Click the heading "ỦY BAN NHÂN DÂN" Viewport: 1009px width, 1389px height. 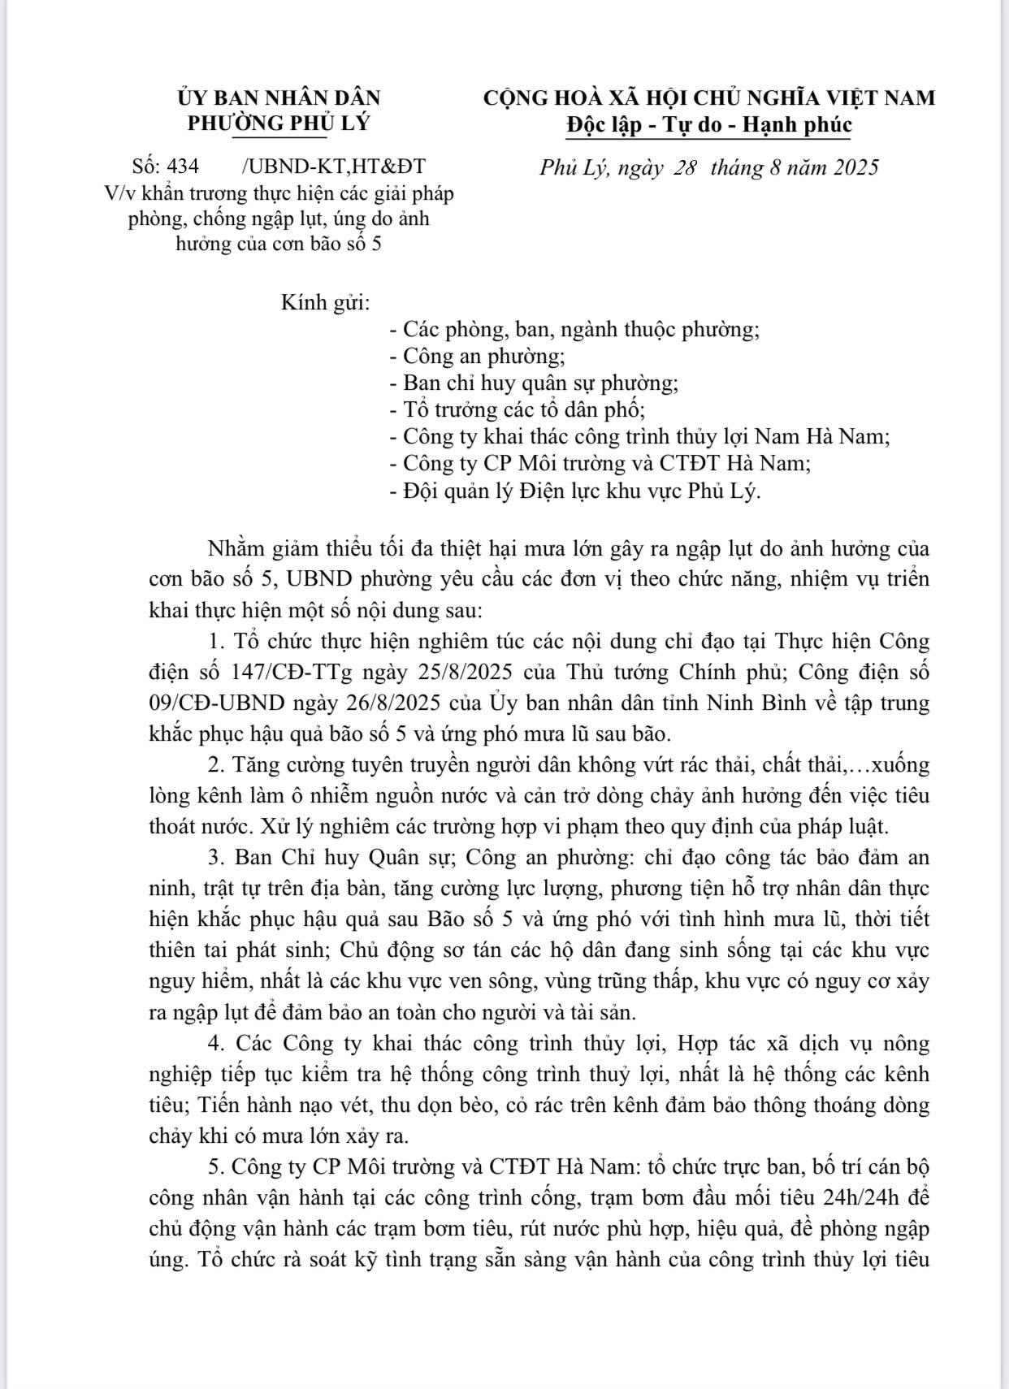(x=279, y=98)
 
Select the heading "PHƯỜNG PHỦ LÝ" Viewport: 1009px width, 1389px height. (x=279, y=124)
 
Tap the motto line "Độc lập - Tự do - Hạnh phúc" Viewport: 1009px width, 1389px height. (x=708, y=125)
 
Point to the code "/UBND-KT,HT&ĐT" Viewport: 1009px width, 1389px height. (x=333, y=167)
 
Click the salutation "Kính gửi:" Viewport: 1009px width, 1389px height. (x=325, y=304)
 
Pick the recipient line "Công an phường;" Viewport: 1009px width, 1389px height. (x=478, y=357)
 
